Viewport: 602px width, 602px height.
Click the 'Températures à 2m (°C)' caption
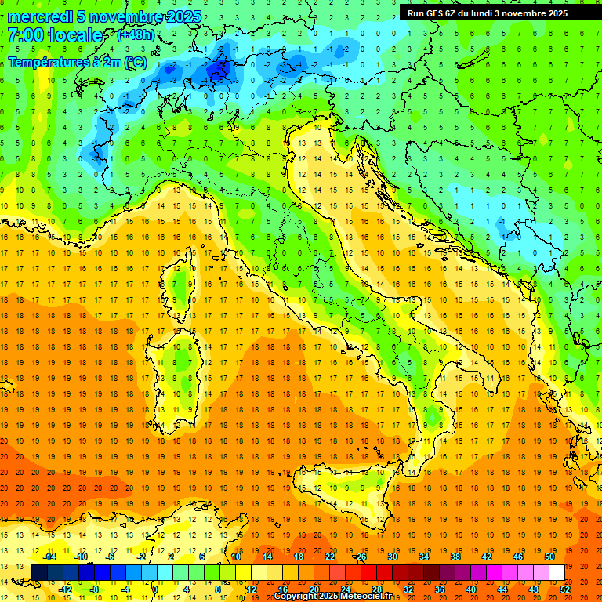point(77,61)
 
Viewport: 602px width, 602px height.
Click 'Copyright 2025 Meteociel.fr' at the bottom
point(333,596)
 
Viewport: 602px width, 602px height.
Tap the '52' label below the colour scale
point(566,589)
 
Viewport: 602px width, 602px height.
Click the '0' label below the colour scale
point(155,589)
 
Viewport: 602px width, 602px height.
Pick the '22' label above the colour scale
point(330,557)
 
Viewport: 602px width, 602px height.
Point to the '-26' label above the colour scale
point(360,557)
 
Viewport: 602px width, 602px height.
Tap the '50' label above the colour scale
point(549,557)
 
